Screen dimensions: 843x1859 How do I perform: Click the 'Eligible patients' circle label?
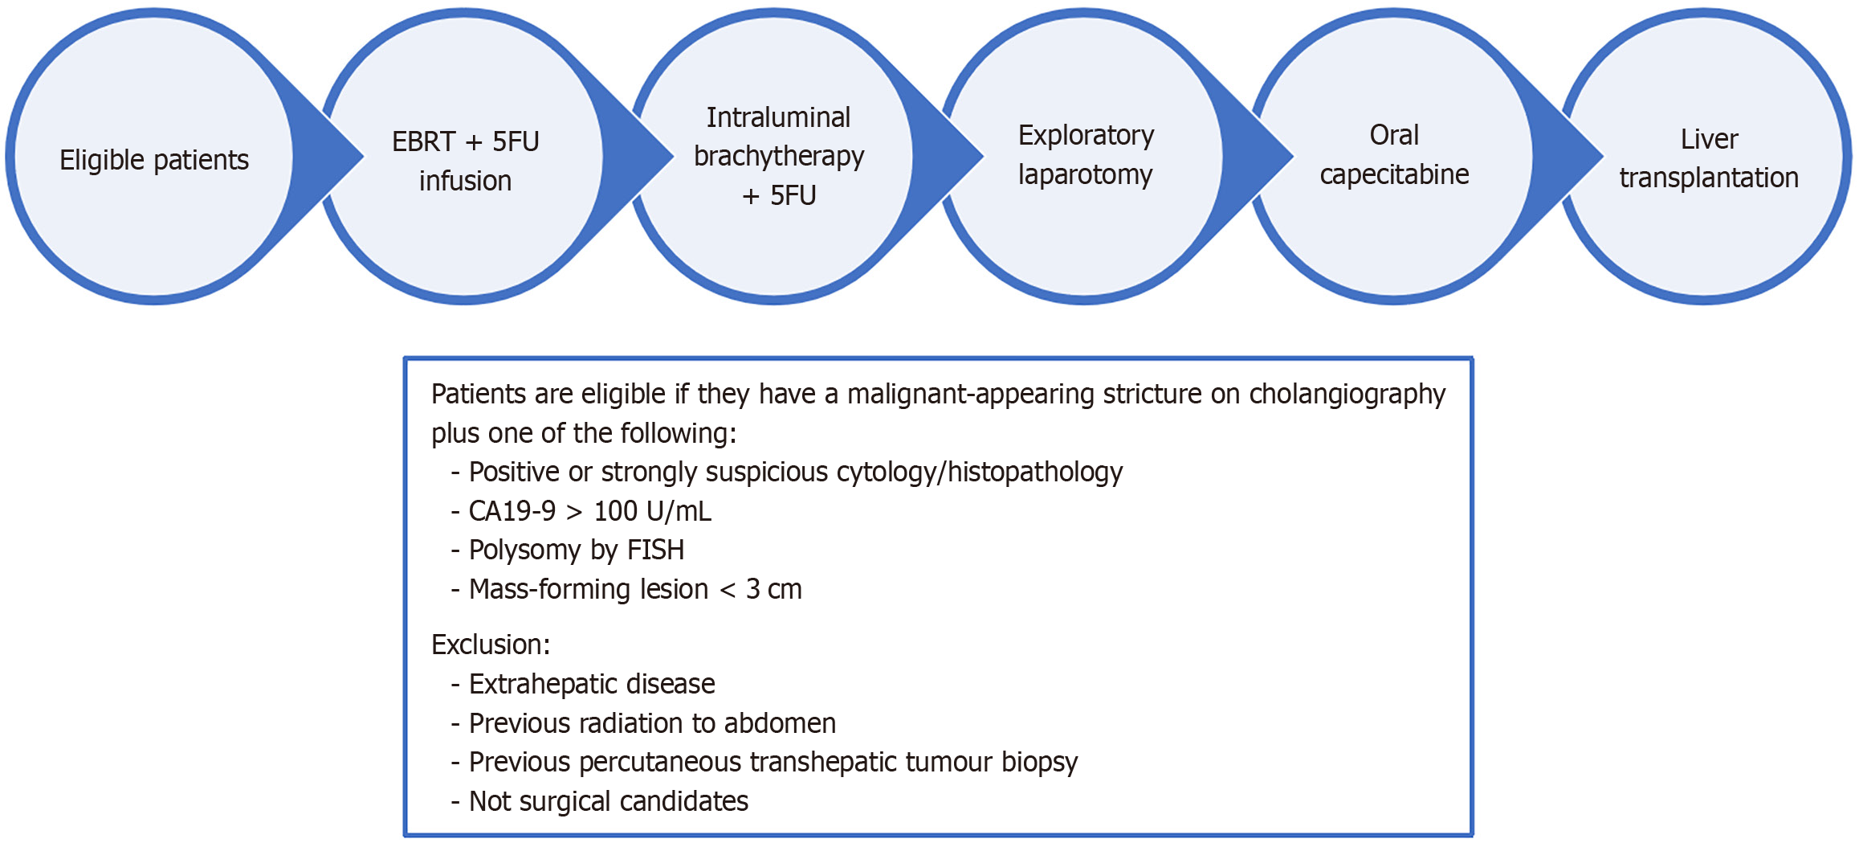coord(154,160)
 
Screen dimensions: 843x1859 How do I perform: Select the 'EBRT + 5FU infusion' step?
coord(465,161)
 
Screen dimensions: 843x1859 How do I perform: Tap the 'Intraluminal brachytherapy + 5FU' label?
coord(778,156)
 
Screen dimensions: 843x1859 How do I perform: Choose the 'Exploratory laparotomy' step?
coord(1086,154)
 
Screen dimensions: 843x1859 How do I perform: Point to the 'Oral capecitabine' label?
coord(1394,154)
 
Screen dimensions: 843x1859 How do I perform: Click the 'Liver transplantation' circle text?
coord(1709,158)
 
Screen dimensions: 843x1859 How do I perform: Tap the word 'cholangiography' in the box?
coord(1347,395)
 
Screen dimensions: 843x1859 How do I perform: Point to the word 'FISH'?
coord(655,550)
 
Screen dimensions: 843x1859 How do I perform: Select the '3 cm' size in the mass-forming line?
coord(773,590)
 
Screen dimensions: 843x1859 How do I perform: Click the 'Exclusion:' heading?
coord(491,645)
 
